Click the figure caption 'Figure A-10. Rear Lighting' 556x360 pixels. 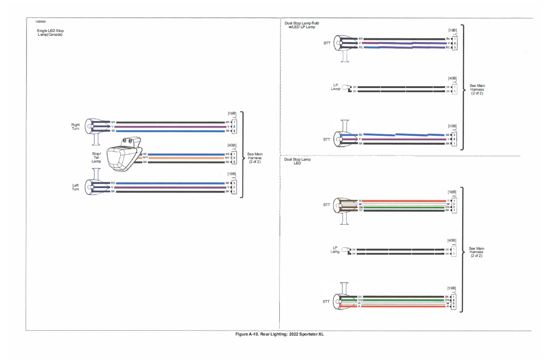pyautogui.click(x=279, y=334)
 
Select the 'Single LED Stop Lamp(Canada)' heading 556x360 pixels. pyautogui.click(x=50, y=33)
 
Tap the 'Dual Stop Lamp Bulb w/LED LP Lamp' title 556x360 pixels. pyautogui.click(x=302, y=25)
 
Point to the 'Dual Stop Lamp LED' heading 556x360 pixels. pyautogui.click(x=297, y=161)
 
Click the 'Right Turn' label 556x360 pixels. pyautogui.click(x=75, y=127)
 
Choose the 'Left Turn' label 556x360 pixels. pyautogui.click(x=75, y=187)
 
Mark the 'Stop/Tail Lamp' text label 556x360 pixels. pyautogui.click(x=96, y=157)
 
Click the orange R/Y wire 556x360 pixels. pyautogui.click(x=185, y=158)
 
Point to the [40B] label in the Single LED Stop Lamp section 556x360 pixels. pyautogui.click(x=232, y=145)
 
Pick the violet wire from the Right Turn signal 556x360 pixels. pyautogui.click(x=169, y=127)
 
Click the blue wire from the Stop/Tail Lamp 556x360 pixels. pyautogui.click(x=185, y=154)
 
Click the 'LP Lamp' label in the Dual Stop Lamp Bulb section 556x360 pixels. pyautogui.click(x=336, y=87)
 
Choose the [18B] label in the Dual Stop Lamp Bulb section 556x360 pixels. pyautogui.click(x=452, y=30)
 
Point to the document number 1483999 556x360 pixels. pyautogui.click(x=40, y=22)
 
